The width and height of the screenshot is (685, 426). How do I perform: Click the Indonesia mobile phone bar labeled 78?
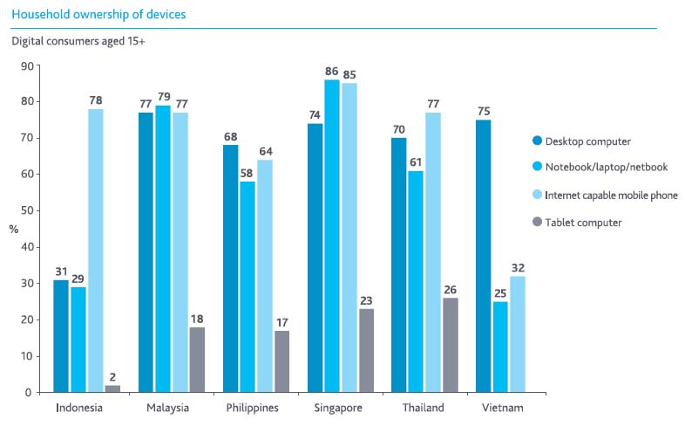click(95, 250)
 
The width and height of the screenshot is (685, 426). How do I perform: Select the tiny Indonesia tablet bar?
click(112, 388)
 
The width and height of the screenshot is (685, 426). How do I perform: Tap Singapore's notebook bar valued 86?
click(332, 236)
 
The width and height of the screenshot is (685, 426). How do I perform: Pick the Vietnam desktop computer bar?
click(484, 256)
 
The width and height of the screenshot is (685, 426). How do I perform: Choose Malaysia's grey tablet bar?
click(196, 360)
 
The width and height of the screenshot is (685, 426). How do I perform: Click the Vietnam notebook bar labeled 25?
click(501, 347)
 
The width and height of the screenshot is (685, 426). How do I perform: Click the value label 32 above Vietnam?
click(519, 268)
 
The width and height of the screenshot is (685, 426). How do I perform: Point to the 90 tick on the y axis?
click(27, 65)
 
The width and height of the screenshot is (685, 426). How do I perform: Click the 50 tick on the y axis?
click(27, 210)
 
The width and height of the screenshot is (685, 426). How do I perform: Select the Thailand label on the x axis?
click(424, 408)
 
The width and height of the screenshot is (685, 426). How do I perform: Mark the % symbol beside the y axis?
click(13, 229)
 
